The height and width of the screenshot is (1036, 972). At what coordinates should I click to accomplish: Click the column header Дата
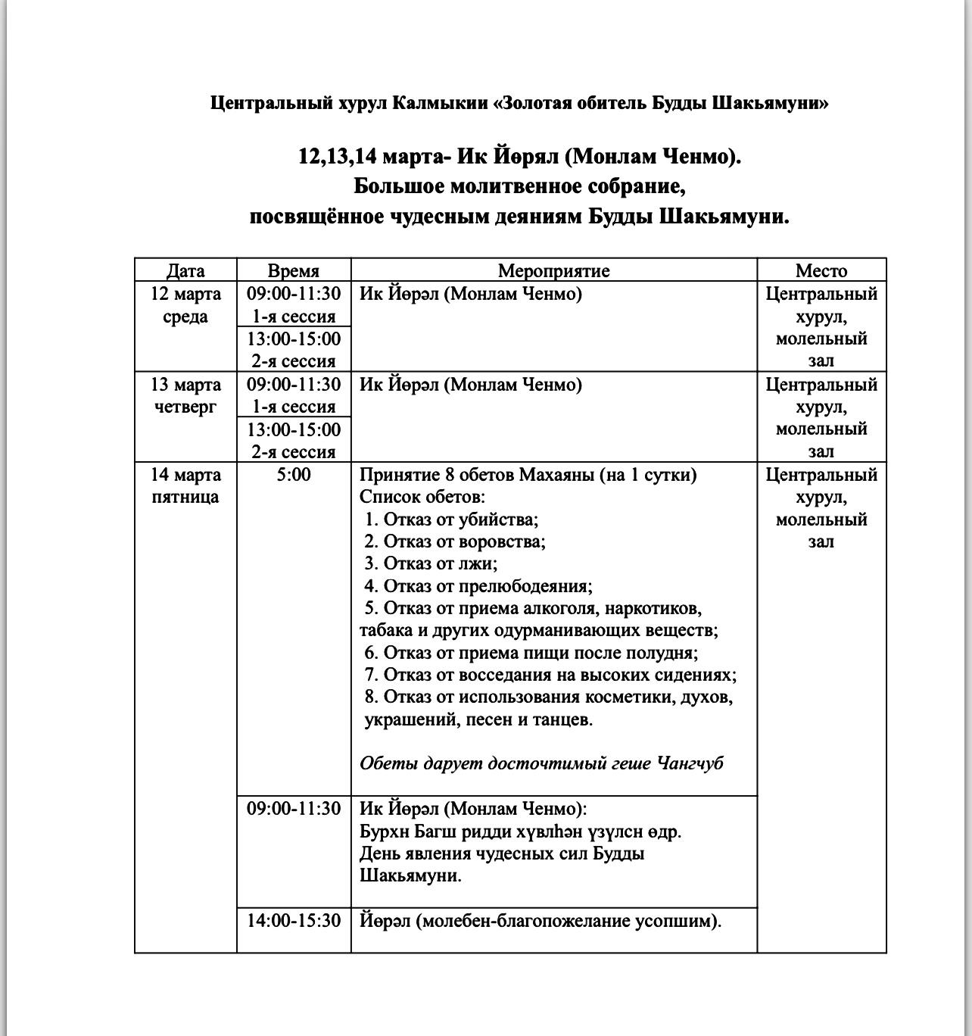[x=185, y=270]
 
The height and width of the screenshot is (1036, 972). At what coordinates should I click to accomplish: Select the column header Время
[x=294, y=270]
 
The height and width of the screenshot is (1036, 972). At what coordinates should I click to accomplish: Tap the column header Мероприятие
[x=553, y=270]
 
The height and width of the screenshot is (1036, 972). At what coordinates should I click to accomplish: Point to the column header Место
[x=821, y=270]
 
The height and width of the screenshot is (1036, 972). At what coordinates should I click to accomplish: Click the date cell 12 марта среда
[x=185, y=305]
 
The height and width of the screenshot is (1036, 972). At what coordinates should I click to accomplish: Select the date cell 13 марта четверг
[x=185, y=395]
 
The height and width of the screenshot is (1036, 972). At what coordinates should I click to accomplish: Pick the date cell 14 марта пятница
[x=185, y=485]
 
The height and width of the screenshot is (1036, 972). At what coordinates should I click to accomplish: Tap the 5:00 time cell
[x=294, y=475]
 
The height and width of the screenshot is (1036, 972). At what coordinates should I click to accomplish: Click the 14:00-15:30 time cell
[x=294, y=921]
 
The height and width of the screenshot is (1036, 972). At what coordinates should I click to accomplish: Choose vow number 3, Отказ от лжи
[x=431, y=563]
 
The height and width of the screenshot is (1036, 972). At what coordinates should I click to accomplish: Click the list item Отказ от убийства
[x=451, y=520]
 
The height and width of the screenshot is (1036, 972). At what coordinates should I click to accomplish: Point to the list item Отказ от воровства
[x=455, y=541]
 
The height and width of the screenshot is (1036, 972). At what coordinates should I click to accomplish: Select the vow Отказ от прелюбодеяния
[x=478, y=586]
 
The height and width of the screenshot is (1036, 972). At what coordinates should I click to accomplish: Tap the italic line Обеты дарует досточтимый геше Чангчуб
[x=541, y=763]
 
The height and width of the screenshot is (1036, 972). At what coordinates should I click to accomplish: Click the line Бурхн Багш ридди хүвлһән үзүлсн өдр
[x=520, y=832]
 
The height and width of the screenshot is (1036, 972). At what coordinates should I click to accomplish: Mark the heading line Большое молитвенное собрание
[x=519, y=186]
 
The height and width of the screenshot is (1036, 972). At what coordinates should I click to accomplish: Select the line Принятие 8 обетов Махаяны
[x=528, y=475]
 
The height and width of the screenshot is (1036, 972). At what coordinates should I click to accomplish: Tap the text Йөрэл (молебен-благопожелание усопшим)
[x=541, y=921]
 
